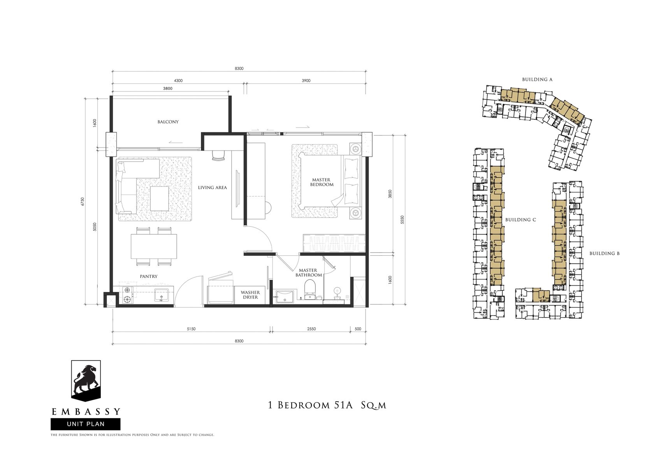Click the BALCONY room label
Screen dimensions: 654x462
(x=168, y=122)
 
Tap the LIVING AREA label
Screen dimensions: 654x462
(x=212, y=188)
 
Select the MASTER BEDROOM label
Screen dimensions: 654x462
(x=322, y=182)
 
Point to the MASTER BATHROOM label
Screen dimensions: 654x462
(x=308, y=272)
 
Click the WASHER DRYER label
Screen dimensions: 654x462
(x=250, y=295)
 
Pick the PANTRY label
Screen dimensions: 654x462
(x=149, y=276)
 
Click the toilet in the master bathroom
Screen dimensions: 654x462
(x=310, y=289)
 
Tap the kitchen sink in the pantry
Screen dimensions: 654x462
(x=161, y=295)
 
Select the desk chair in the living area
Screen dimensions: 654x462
(x=218, y=155)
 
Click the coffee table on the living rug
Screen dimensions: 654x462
(x=160, y=199)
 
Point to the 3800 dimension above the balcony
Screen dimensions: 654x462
(x=167, y=88)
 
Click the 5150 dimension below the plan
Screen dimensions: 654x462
(x=191, y=329)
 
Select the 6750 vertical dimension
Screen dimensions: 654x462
(x=83, y=202)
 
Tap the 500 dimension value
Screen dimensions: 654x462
(x=358, y=329)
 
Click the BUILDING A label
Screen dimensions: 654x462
(x=537, y=79)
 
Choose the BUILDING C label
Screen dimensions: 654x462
(x=520, y=220)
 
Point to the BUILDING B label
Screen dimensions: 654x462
(x=604, y=253)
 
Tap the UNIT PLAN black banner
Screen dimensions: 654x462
(x=86, y=424)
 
